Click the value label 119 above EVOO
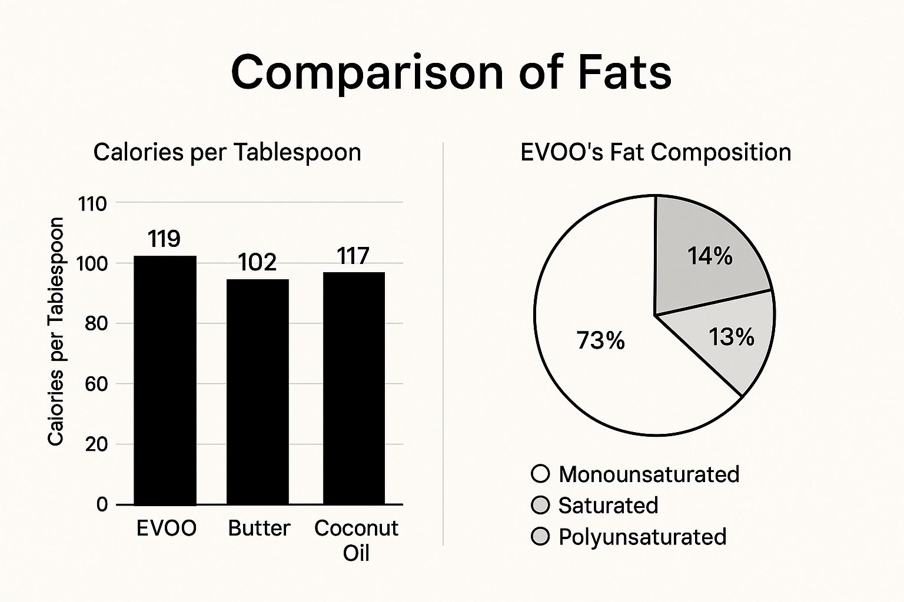(x=164, y=239)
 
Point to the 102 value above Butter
(x=258, y=262)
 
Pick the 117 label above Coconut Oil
(x=353, y=256)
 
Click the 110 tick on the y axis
(x=92, y=204)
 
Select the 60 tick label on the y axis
(x=96, y=384)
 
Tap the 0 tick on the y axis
(x=102, y=504)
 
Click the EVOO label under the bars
(x=167, y=528)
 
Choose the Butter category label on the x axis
(x=259, y=528)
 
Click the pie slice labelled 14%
(x=709, y=256)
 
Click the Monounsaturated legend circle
(x=540, y=474)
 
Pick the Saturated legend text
(x=608, y=506)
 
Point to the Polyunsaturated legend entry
(x=642, y=537)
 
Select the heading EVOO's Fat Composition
(x=656, y=152)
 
